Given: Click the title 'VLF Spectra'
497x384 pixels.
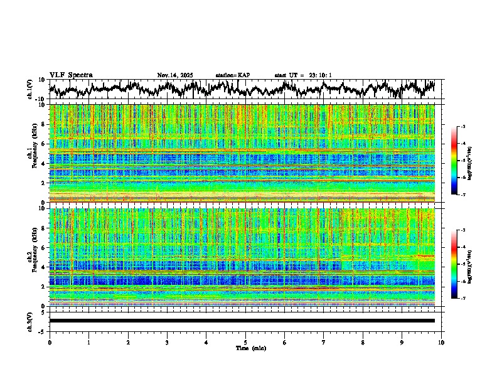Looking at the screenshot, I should [x=71, y=75].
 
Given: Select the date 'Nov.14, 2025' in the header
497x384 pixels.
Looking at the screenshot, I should [x=175, y=75].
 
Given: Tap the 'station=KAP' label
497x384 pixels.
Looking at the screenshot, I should [x=232, y=75].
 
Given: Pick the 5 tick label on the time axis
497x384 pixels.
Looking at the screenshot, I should [x=245, y=343].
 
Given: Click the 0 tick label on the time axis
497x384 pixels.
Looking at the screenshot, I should [x=50, y=343].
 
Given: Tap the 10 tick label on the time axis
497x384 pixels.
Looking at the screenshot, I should [x=441, y=343].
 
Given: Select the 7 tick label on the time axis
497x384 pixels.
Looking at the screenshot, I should [x=324, y=343].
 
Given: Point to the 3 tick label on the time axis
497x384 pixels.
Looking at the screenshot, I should [x=167, y=343].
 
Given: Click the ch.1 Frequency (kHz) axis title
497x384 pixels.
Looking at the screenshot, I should [x=32, y=153].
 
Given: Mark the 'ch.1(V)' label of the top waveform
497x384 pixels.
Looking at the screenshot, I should [x=31, y=89].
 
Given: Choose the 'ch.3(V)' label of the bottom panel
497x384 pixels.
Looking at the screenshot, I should [x=31, y=321].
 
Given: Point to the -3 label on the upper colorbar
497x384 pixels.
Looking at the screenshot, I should [x=462, y=127].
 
